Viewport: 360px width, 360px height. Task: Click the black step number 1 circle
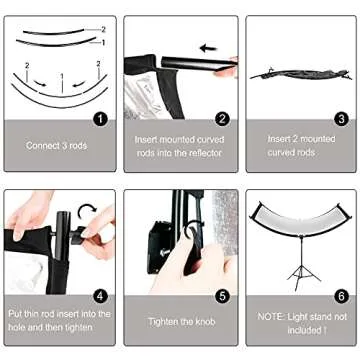[100, 118]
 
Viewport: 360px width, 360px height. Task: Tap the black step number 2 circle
[222, 118]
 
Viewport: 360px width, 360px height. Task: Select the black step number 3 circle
[341, 118]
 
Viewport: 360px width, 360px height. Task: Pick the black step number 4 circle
[100, 295]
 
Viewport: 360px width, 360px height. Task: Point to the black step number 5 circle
[222, 295]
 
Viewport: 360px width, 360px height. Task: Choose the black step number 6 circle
[341, 295]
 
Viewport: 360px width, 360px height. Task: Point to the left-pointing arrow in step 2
[209, 47]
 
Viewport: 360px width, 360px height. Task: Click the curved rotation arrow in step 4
[87, 212]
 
